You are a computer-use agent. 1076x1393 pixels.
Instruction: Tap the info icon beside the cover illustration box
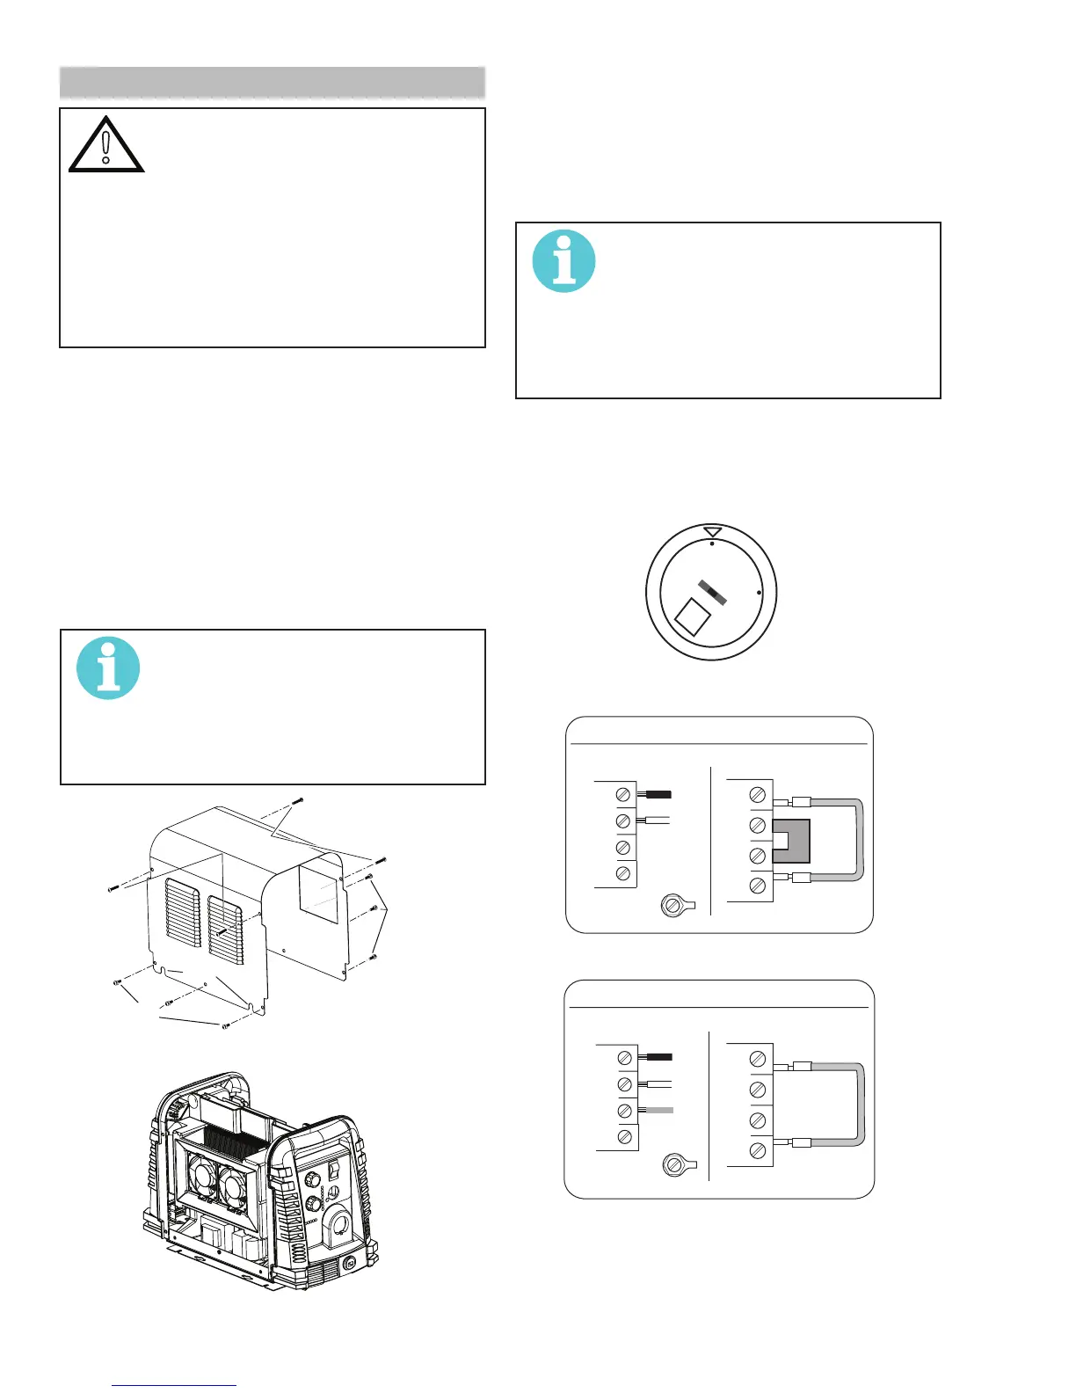[108, 668]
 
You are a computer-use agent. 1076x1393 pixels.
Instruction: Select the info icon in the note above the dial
[564, 261]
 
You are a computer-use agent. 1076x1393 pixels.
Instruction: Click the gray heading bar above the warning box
[273, 83]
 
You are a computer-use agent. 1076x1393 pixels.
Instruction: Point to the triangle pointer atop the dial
[713, 532]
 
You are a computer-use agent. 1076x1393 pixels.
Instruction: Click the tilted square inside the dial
[693, 616]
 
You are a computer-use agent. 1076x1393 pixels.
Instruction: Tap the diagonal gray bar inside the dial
[713, 594]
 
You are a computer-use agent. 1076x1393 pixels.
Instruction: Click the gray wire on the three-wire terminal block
[658, 1111]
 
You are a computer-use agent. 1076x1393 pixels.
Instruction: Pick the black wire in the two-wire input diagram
[658, 794]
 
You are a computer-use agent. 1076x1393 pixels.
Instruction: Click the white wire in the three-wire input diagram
[658, 1084]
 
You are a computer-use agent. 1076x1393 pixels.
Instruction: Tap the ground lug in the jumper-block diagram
[674, 905]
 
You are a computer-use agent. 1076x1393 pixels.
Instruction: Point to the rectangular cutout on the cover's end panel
[318, 893]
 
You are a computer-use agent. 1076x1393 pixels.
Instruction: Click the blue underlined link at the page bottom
[175, 1386]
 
